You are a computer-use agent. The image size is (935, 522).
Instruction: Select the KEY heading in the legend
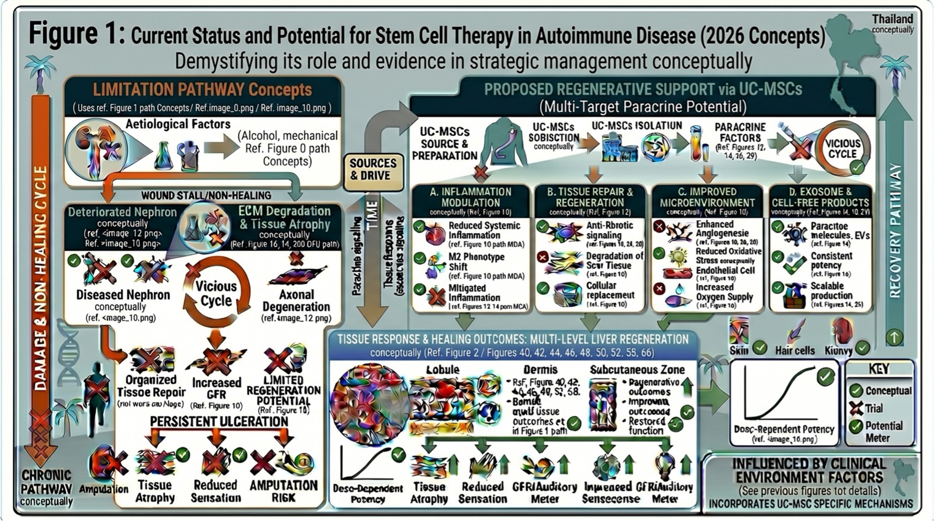point(879,369)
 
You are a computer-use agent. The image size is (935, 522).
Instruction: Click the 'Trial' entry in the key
point(874,408)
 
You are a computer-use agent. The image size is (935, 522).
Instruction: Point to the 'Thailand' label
point(892,19)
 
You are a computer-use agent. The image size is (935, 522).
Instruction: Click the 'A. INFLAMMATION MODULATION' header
point(471,198)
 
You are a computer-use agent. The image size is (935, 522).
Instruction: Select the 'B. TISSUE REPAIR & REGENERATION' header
point(590,198)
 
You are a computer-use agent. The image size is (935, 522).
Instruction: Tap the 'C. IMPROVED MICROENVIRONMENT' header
point(707,198)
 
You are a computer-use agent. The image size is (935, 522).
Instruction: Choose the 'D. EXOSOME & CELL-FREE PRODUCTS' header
point(820,198)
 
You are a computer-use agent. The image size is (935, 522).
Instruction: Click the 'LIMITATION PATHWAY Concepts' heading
point(202,89)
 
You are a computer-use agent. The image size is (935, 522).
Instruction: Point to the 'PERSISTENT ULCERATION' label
point(219,421)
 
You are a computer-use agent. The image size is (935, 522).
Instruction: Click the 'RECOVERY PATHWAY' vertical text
point(895,230)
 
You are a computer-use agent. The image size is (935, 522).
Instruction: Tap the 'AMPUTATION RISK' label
point(283,491)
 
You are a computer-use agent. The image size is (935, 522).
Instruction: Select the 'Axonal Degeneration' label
point(296,300)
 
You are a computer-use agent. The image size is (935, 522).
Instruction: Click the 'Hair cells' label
point(794,351)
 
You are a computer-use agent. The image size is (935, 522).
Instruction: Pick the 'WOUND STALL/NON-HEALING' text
point(206,195)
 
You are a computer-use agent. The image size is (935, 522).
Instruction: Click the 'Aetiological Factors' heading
point(178,124)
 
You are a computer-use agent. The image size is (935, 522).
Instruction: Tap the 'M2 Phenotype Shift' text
point(476,262)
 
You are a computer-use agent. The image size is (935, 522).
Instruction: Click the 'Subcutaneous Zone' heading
point(637,370)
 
